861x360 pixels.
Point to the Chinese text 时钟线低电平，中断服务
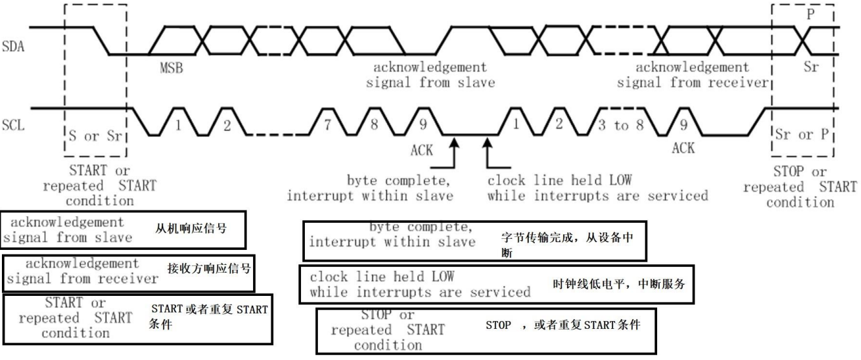[612, 283]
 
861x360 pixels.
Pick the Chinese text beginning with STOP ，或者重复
[562, 325]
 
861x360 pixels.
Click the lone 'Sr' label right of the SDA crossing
[811, 67]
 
